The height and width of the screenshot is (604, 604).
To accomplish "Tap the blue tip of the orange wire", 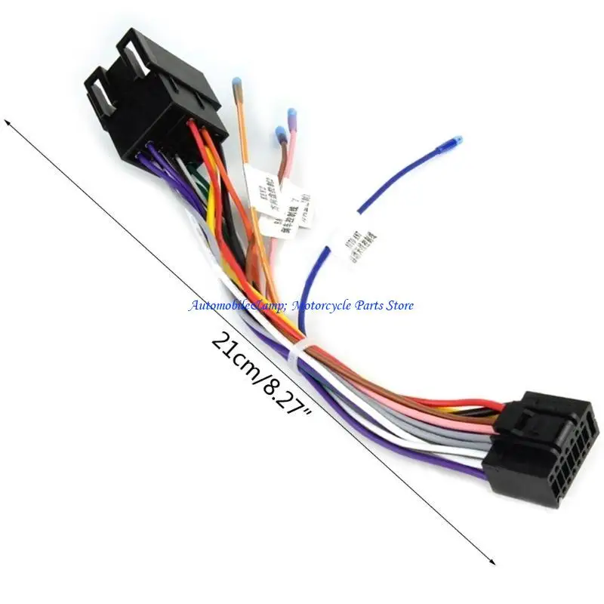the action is (x=236, y=82).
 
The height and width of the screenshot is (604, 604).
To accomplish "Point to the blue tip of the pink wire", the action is (x=291, y=115).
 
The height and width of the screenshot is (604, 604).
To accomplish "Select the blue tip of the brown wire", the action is (x=281, y=134).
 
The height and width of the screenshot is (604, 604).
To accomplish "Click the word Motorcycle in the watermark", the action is (x=318, y=306).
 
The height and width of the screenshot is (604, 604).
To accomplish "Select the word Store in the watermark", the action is (x=397, y=306).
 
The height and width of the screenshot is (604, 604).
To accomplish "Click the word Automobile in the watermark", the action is (x=215, y=306).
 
